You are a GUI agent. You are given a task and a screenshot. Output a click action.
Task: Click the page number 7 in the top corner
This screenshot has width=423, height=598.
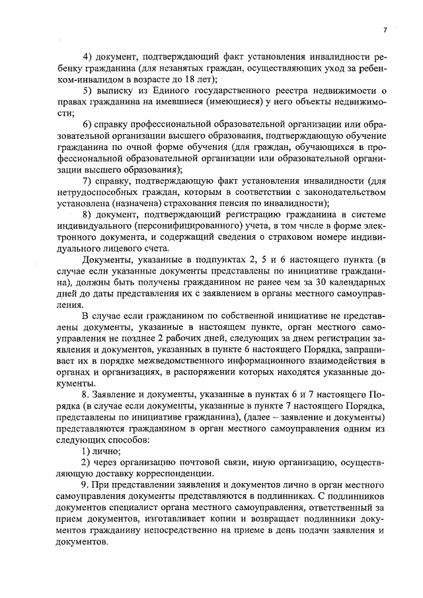pos(383,30)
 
